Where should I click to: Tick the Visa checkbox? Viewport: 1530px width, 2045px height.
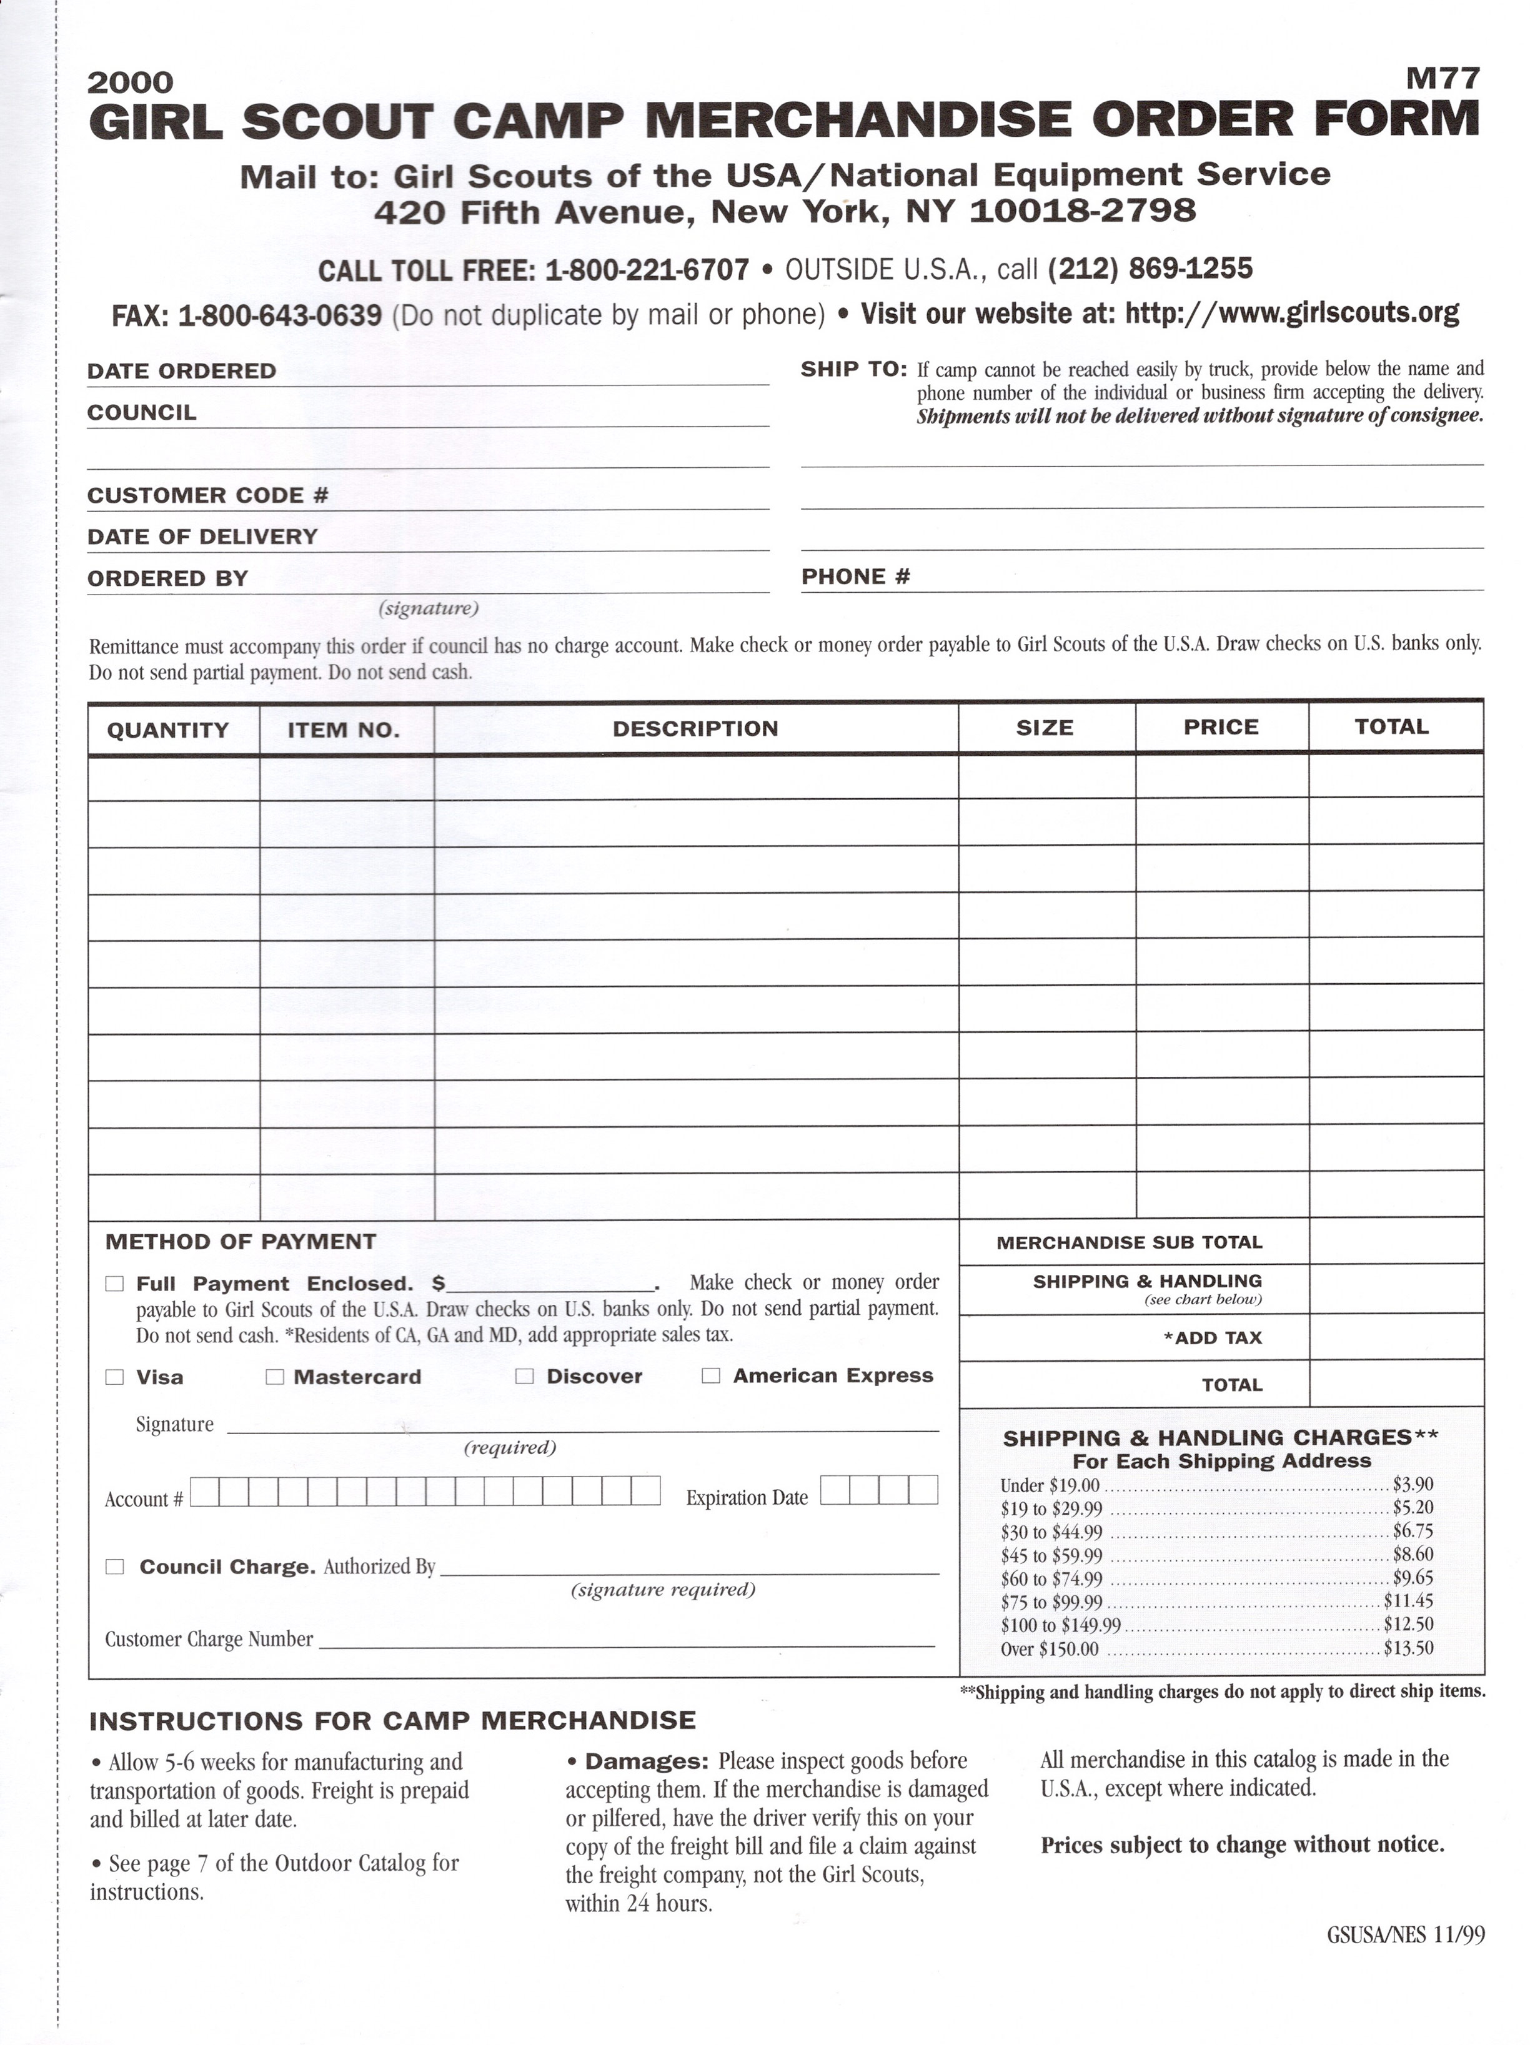point(114,1377)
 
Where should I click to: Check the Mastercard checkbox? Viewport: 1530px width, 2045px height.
point(274,1377)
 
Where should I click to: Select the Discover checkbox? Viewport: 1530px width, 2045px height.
point(524,1375)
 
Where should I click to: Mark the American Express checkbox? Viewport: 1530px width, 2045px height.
point(711,1375)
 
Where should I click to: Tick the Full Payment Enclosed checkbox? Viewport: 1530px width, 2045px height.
point(114,1283)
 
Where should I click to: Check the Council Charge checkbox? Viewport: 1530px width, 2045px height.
point(114,1566)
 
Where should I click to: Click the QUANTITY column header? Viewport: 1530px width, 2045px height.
point(167,730)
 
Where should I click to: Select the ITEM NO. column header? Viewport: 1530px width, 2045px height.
point(344,730)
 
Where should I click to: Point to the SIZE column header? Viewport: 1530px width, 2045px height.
point(1045,728)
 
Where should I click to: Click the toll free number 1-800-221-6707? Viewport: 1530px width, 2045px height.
point(647,270)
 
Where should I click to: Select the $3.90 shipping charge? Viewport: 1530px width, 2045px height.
point(1413,1484)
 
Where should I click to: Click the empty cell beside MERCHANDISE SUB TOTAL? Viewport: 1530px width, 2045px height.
point(1396,1240)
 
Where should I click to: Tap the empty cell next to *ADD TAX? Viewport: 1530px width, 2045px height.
point(1396,1337)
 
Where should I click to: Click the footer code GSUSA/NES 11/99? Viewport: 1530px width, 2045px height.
point(1405,1934)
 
